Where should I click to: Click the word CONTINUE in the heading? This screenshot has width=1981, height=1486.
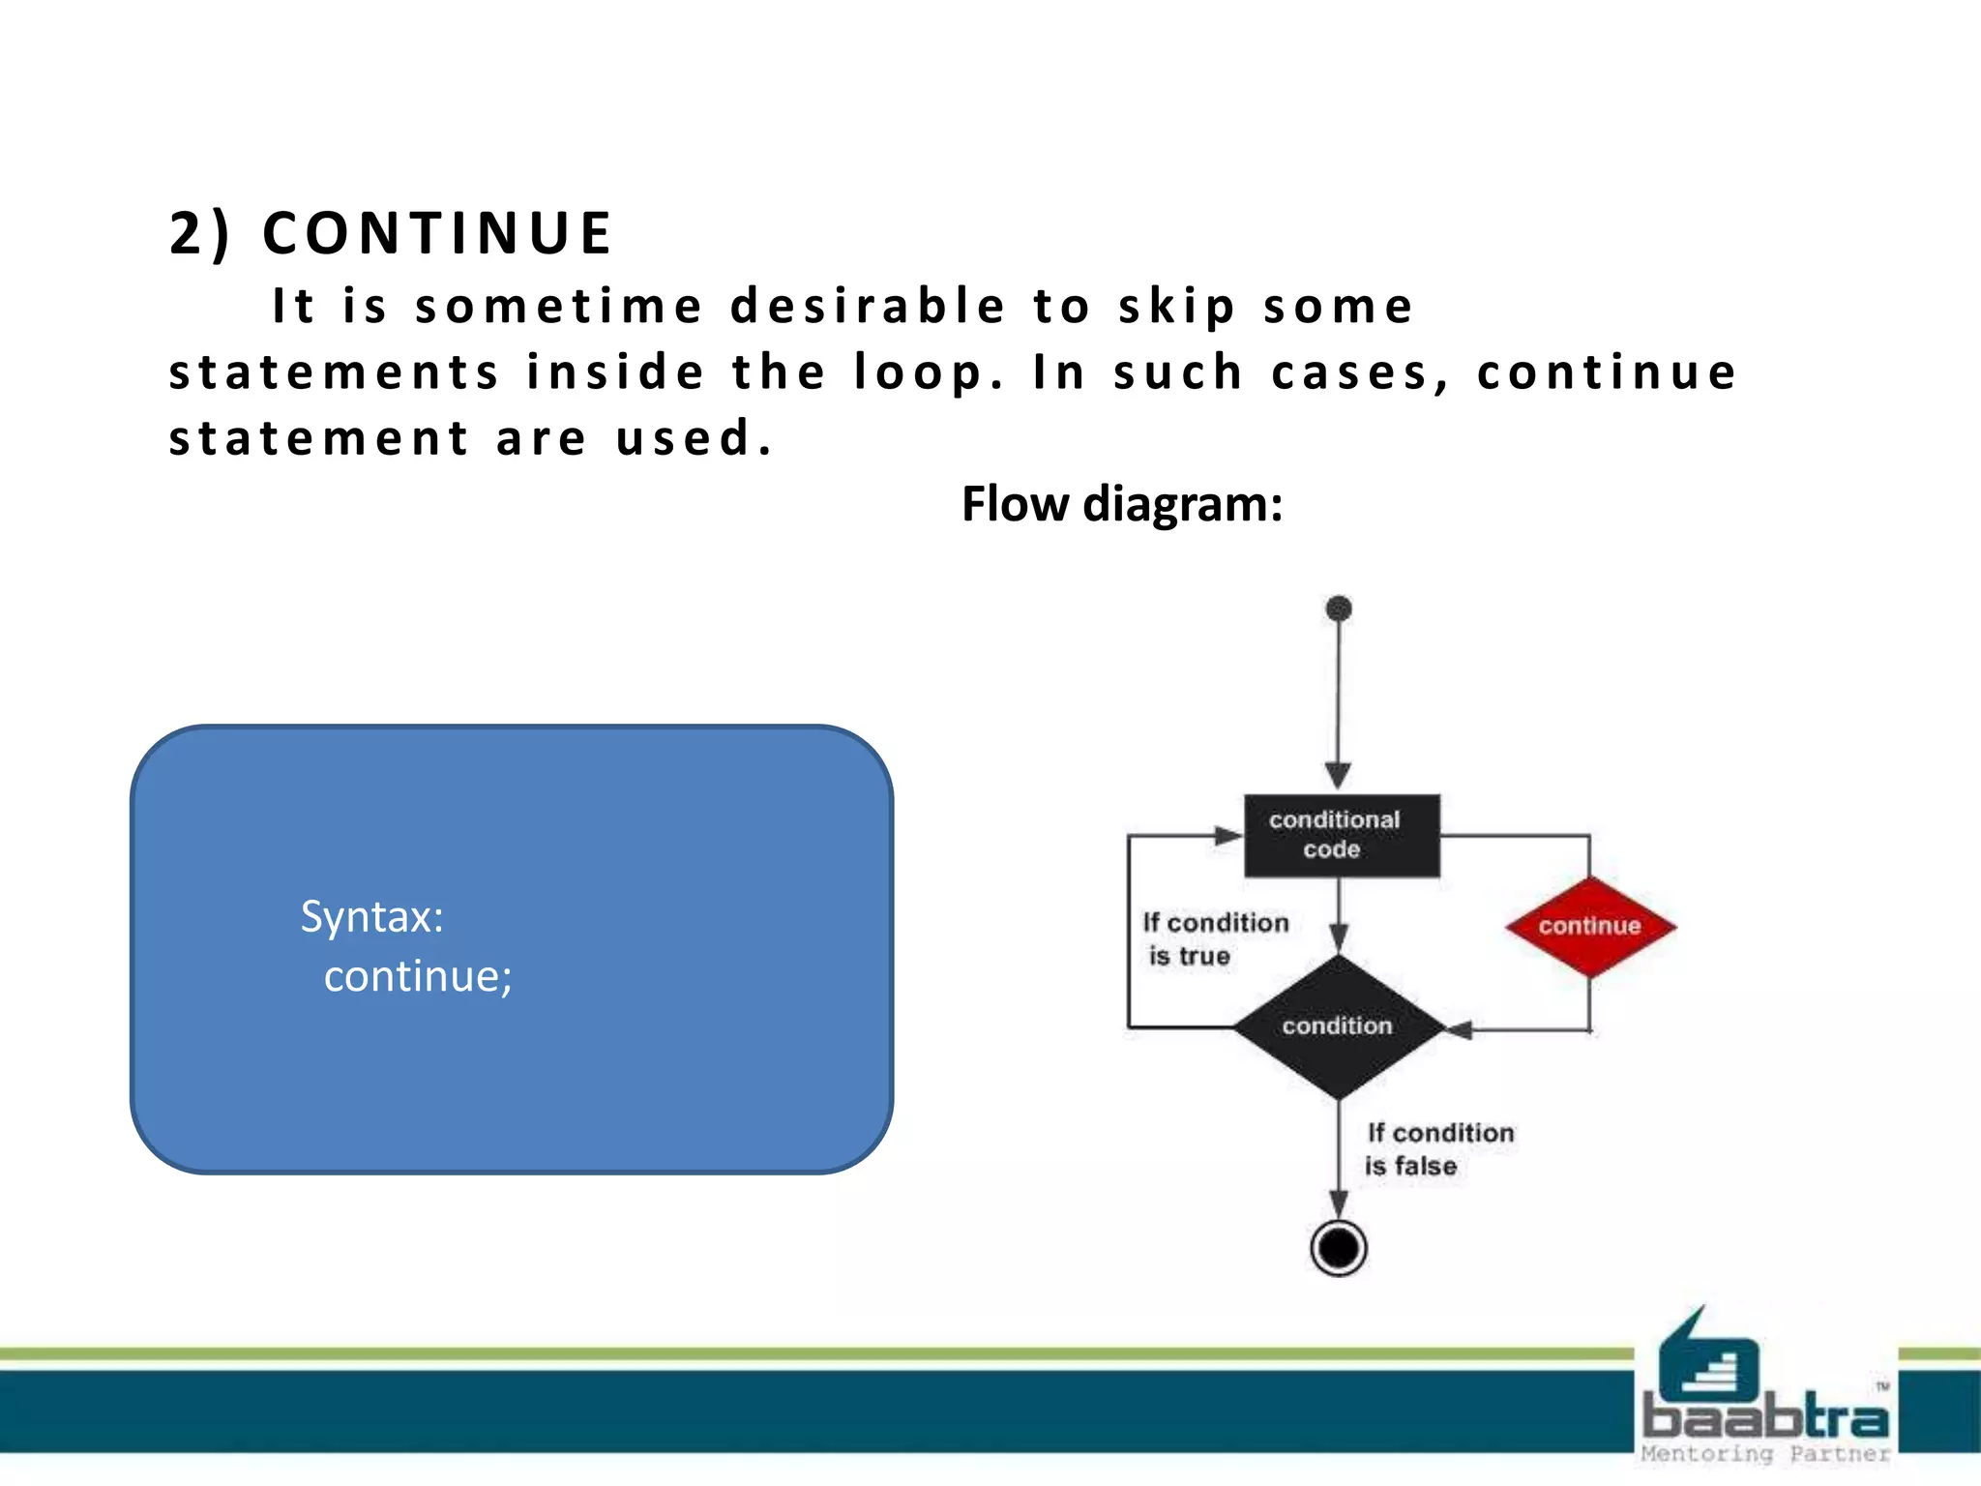pos(437,234)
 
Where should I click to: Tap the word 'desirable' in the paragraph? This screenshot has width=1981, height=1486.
pos(868,308)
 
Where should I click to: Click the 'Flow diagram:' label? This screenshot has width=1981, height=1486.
pos(1121,504)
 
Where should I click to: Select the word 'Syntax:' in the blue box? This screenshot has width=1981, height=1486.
pos(371,916)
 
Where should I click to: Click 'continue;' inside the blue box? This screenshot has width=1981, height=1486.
pos(418,976)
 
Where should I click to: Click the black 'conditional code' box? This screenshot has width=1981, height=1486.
pos(1340,835)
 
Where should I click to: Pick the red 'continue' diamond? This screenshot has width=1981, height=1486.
pos(1589,926)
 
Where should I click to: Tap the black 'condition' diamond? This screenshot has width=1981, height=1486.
pos(1338,1026)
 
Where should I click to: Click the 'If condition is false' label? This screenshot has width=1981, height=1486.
pos(1437,1148)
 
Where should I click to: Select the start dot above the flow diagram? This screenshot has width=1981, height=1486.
pos(1339,609)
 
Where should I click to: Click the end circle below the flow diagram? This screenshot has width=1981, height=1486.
pos(1338,1248)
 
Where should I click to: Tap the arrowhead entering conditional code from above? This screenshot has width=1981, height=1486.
pos(1338,775)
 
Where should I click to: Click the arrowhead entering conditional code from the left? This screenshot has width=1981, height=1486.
pos(1227,835)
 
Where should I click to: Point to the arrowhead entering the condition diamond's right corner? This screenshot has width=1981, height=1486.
pos(1459,1029)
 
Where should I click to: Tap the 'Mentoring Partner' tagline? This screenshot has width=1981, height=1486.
pos(1764,1453)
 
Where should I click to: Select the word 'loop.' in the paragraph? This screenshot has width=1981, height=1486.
pos(928,373)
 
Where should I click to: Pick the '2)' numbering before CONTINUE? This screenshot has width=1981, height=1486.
pos(199,234)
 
